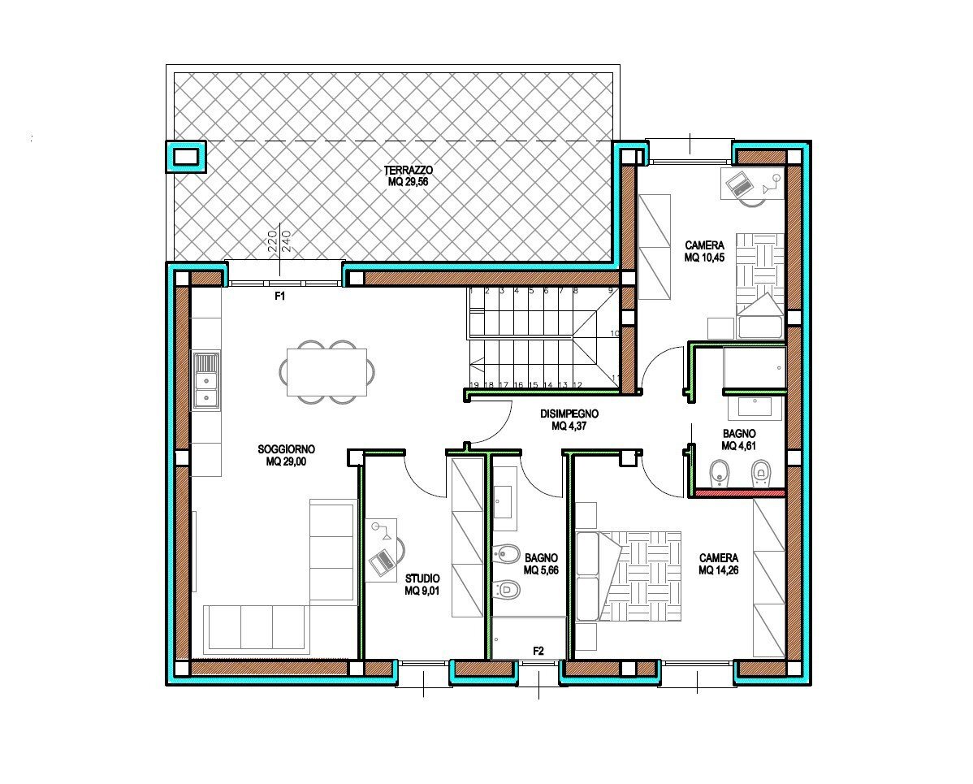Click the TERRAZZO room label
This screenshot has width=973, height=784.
click(409, 170)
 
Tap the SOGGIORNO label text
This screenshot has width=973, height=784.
click(286, 448)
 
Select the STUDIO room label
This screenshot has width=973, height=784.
click(422, 578)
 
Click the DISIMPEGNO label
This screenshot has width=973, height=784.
click(569, 414)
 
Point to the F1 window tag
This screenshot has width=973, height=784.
click(280, 296)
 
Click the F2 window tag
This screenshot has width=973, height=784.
click(538, 651)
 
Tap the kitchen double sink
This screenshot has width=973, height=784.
click(206, 380)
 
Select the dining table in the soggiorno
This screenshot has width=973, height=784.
click(326, 372)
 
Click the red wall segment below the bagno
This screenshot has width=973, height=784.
click(740, 493)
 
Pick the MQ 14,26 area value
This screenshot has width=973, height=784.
click(719, 570)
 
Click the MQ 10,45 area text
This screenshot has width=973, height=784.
click(704, 258)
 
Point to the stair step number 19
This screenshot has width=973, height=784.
click(474, 385)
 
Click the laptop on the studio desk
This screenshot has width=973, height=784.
click(383, 561)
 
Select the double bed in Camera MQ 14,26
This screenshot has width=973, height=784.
click(628, 576)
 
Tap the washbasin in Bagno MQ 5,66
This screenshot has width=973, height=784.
click(502, 501)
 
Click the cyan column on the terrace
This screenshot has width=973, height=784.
click(185, 157)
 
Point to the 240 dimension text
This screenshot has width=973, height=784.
click(287, 241)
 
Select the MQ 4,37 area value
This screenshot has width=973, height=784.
click(569, 427)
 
